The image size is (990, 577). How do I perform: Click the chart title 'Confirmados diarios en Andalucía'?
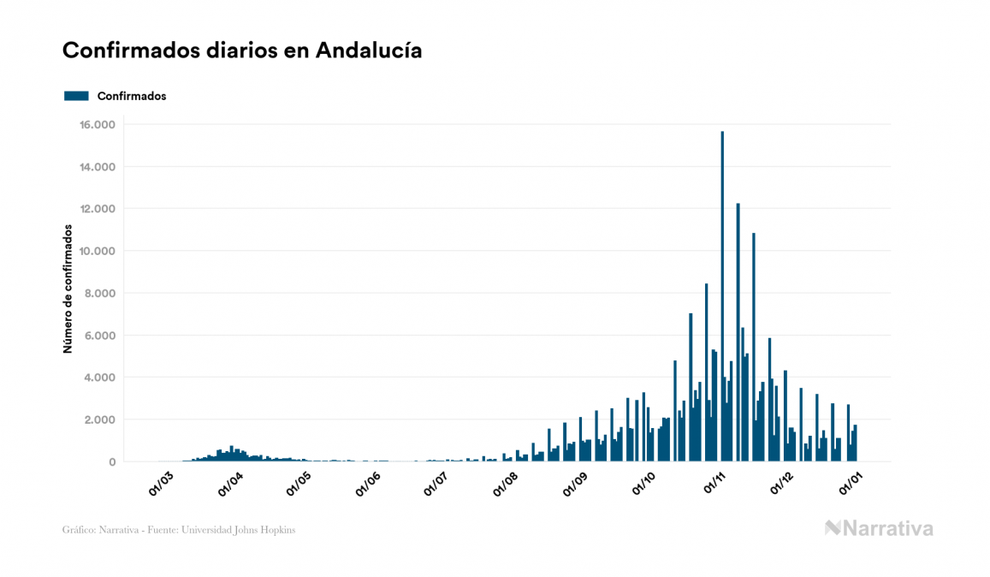tap(242, 51)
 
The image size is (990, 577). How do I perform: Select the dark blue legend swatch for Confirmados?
tap(76, 96)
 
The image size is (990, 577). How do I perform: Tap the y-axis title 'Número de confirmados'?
tap(68, 289)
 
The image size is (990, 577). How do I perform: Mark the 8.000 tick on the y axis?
tap(98, 294)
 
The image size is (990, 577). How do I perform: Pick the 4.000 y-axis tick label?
tap(98, 378)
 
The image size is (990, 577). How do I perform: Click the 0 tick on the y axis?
tap(111, 462)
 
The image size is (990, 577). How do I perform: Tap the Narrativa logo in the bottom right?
tap(879, 528)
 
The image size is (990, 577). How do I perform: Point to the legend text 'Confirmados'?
tap(132, 96)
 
